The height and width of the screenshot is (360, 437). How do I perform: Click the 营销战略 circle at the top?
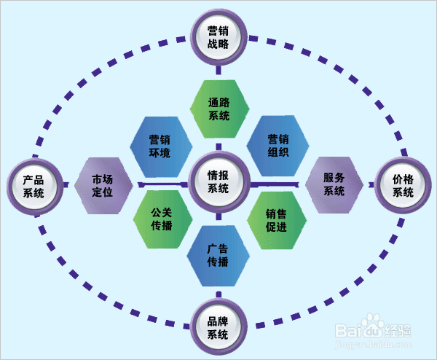[x=219, y=37]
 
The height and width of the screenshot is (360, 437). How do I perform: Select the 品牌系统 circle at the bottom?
[x=219, y=328]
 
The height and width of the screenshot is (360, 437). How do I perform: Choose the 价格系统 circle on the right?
[x=403, y=186]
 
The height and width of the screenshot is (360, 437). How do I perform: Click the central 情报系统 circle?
[x=219, y=182]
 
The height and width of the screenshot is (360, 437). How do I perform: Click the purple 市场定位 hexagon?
[x=103, y=186]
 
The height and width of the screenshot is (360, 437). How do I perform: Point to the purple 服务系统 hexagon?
[x=334, y=185]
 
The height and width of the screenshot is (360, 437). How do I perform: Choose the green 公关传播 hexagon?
[x=161, y=219]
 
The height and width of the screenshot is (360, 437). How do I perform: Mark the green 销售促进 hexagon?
[x=277, y=219]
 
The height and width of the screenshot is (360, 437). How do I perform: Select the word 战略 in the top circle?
[x=219, y=44]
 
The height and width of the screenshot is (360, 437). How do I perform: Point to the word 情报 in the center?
[x=219, y=176]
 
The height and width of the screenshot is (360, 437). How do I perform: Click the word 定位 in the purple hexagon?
[x=103, y=193]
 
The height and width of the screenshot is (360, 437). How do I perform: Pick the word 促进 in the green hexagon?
[x=277, y=226]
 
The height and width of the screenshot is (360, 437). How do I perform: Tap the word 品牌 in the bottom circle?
[x=219, y=321]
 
